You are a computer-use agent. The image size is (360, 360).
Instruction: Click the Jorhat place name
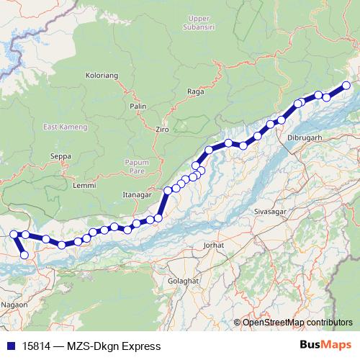click(x=214, y=246)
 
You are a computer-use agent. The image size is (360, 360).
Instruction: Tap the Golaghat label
click(x=181, y=280)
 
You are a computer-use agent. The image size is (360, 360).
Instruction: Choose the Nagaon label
click(x=14, y=305)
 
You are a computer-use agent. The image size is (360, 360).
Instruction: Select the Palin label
click(x=138, y=106)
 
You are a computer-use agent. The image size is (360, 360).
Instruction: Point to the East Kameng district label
click(x=64, y=127)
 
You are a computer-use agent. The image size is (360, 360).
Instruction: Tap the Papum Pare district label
click(x=136, y=167)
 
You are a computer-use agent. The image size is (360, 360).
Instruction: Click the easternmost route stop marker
click(x=346, y=86)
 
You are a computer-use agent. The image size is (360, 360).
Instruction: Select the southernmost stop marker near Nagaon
click(x=24, y=255)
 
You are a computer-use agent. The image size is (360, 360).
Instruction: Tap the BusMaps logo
click(x=325, y=346)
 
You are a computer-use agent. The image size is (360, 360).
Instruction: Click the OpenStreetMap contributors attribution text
click(x=298, y=322)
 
